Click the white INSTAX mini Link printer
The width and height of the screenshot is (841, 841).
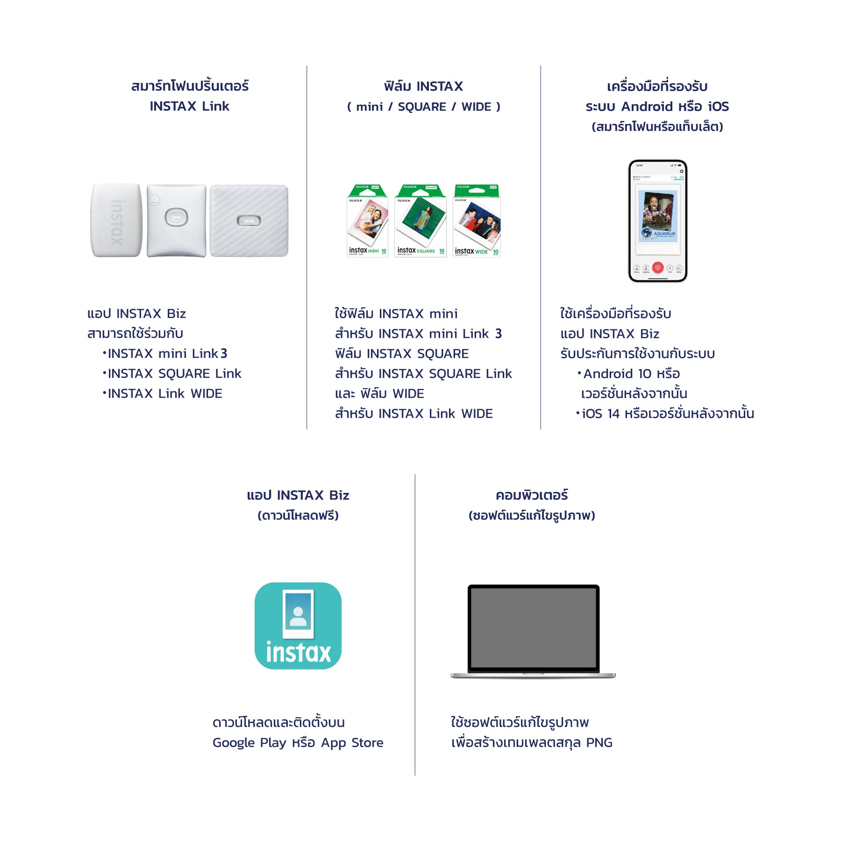coord(116,220)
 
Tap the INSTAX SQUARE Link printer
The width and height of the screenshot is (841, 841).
coord(176,221)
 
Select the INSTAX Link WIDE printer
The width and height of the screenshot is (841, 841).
coord(249,221)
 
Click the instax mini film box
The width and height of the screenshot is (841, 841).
coord(368,221)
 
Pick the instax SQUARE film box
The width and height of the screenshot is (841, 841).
coord(420,221)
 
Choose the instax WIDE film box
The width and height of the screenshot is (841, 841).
coord(477,221)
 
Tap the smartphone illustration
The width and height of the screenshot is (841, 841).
coord(657,221)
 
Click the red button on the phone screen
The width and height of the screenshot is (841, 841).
coord(657,268)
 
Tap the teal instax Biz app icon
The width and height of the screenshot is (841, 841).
coord(298,626)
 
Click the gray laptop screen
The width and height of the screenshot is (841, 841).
coord(533,627)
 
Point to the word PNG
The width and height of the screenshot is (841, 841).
coord(599,742)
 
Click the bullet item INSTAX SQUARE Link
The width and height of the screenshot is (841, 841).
coord(174,374)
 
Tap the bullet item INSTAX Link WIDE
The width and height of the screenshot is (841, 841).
coord(165,394)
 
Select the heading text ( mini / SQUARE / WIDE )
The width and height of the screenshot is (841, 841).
coord(423,107)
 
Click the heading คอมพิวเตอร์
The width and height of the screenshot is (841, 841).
coord(532,495)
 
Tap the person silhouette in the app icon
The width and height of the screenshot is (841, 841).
coord(298,616)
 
